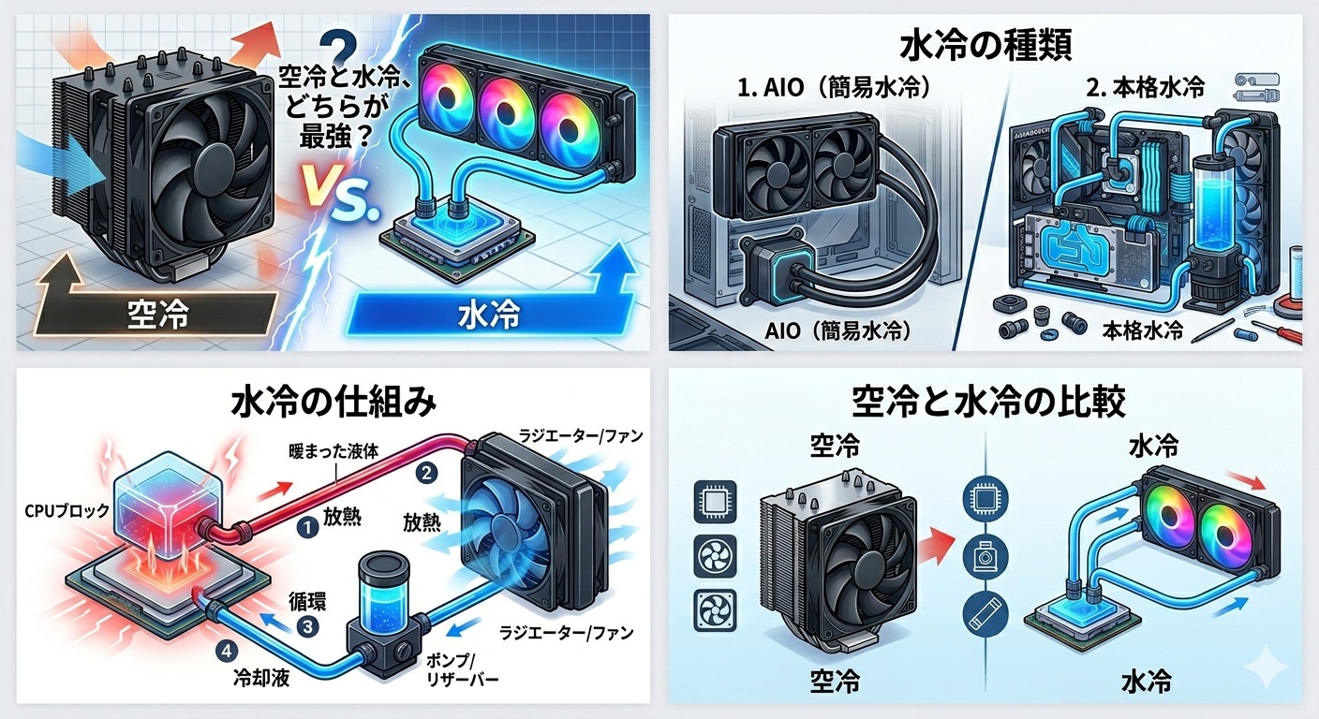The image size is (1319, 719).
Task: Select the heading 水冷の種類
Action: [x=986, y=47]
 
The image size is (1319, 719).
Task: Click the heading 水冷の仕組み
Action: [x=333, y=404]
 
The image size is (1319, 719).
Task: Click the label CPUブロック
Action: [x=67, y=511]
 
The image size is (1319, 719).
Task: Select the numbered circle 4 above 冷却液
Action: [x=227, y=651]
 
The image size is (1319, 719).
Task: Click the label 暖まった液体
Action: [x=333, y=451]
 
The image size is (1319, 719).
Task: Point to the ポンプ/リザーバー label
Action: [x=461, y=669]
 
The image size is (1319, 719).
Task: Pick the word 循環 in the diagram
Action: [x=307, y=602]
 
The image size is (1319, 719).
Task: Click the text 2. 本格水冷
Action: [x=1153, y=88]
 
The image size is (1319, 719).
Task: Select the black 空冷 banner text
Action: [x=157, y=314]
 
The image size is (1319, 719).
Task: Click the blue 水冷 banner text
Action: [x=489, y=314]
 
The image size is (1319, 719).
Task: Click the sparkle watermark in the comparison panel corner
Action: [x=1267, y=666]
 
